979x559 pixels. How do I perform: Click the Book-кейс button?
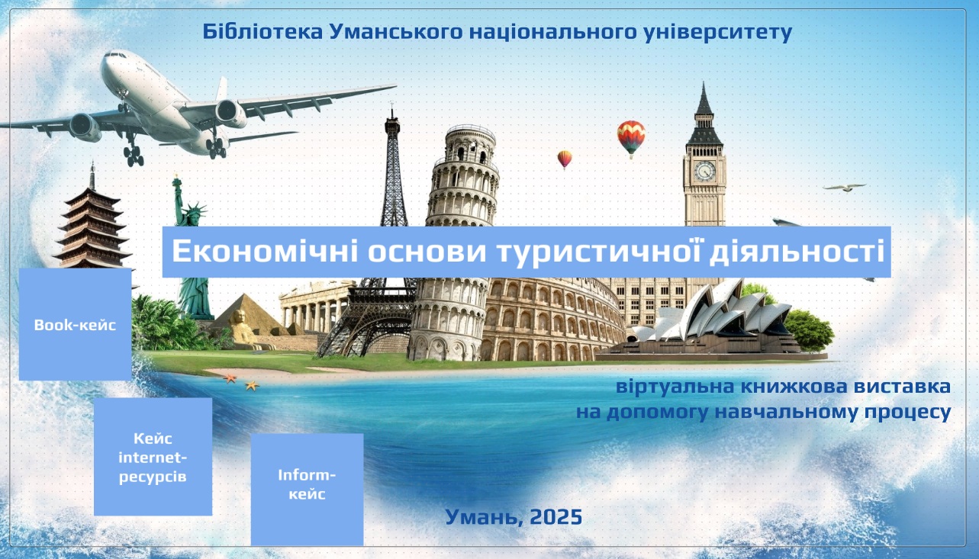[x=75, y=324]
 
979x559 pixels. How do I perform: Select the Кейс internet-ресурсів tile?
[x=153, y=456]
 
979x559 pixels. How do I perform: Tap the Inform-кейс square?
[x=307, y=490]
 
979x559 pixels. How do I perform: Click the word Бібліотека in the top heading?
[x=262, y=31]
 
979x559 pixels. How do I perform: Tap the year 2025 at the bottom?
[x=556, y=517]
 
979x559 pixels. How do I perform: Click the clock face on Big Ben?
[x=705, y=171]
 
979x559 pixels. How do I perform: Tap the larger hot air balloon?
[x=631, y=137]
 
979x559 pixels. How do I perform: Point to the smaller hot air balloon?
[x=565, y=159]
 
